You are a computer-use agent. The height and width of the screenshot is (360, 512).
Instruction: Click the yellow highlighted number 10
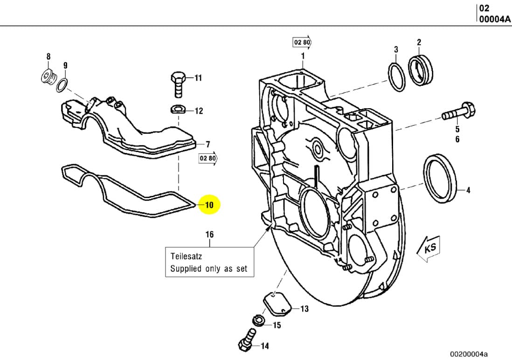(209, 205)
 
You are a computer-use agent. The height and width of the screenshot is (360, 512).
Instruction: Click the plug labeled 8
(48, 76)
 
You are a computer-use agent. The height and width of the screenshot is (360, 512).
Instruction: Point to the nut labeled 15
(257, 320)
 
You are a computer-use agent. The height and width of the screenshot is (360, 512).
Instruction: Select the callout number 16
(210, 234)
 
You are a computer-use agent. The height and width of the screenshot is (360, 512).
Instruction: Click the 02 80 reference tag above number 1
(302, 42)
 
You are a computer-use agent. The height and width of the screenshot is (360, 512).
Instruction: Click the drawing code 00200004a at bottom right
(471, 354)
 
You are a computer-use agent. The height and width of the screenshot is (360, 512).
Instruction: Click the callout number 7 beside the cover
(208, 144)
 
